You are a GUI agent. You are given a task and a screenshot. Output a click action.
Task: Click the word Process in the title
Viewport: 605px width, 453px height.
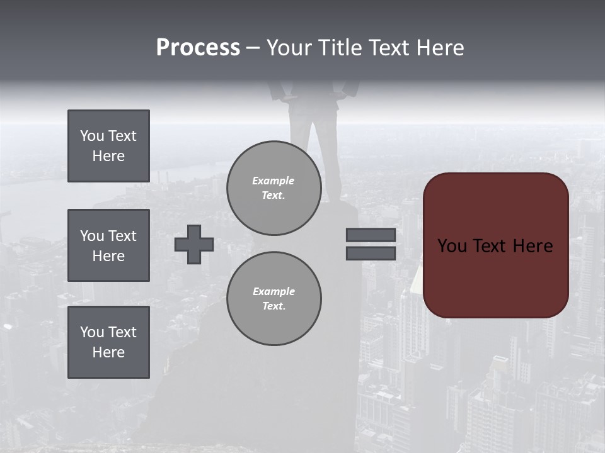coord(198,48)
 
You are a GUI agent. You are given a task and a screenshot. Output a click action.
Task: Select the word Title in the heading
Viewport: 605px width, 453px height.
coord(342,48)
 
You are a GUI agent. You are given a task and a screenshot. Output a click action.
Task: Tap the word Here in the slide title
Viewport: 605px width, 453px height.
coord(439,48)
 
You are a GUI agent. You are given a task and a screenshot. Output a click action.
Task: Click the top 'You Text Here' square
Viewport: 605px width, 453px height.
coord(108,146)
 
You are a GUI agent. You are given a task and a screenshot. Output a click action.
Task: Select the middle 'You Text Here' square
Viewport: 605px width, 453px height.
coord(108,245)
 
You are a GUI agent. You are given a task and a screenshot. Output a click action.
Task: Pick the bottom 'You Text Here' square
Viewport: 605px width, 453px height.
coord(108,342)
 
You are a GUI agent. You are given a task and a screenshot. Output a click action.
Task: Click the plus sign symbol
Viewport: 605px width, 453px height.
coord(194,244)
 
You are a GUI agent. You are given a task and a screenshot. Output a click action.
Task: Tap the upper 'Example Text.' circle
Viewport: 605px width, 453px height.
coord(274,187)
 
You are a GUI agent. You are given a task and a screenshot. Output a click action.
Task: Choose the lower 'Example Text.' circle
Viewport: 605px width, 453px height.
coord(274,298)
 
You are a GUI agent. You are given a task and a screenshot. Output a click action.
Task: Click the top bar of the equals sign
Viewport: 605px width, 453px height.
coord(371,235)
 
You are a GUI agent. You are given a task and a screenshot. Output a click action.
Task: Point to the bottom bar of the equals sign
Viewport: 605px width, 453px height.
coord(371,253)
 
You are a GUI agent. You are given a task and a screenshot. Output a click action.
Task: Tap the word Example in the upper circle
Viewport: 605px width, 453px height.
coord(274,181)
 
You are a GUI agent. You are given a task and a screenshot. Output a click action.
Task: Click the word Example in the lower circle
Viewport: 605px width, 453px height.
coord(274,291)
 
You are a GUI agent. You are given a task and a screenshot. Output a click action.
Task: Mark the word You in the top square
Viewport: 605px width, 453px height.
coord(92,136)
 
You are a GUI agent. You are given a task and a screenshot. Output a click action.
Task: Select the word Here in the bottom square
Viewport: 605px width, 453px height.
coord(108,352)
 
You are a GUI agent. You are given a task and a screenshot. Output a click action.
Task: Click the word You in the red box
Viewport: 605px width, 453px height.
coord(452,246)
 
